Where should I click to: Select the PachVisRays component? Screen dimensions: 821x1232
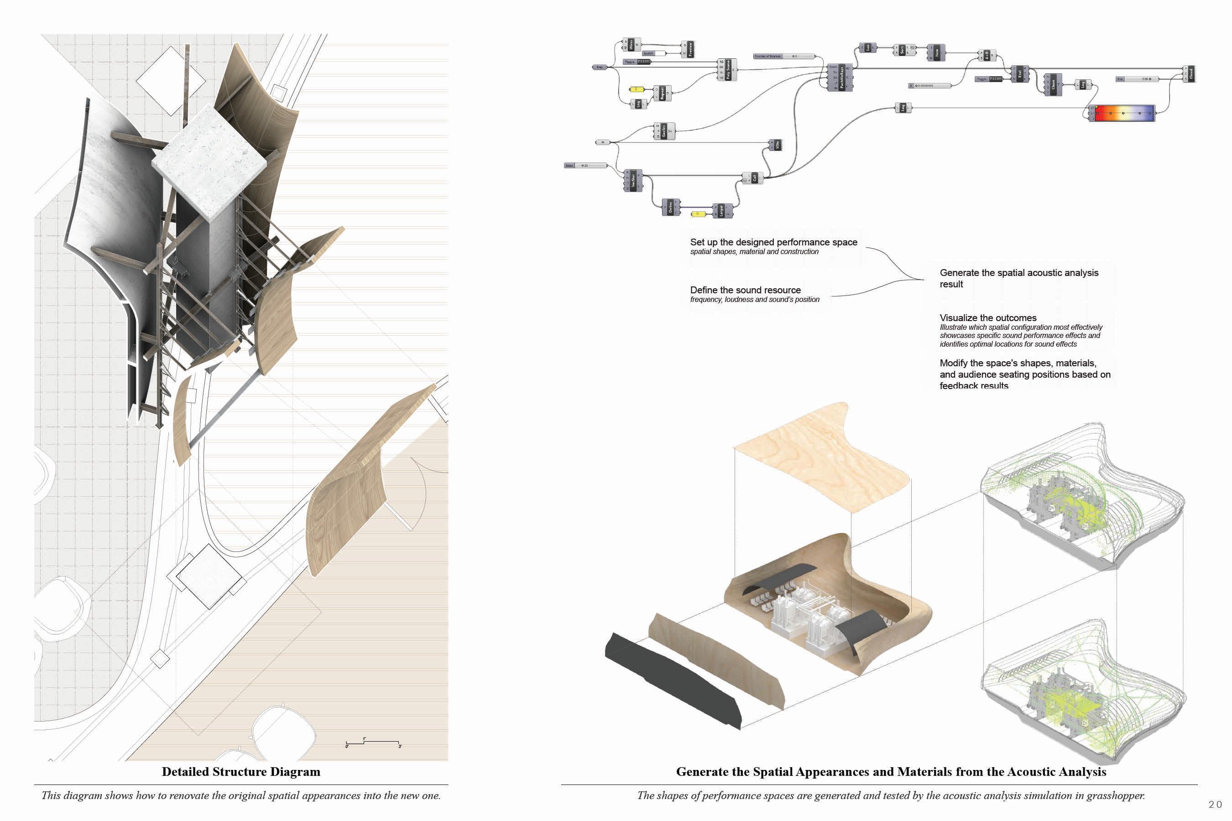pyautogui.click(x=840, y=78)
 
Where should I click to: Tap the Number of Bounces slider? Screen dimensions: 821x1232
pyautogui.click(x=784, y=56)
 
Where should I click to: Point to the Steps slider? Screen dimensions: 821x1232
pyautogui.click(x=585, y=166)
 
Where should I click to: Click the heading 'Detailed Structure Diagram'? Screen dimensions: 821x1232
pyautogui.click(x=241, y=772)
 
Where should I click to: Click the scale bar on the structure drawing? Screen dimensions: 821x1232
pyautogui.click(x=373, y=743)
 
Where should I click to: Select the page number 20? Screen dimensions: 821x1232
pyautogui.click(x=1215, y=804)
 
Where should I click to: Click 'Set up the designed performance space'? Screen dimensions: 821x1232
pyautogui.click(x=773, y=242)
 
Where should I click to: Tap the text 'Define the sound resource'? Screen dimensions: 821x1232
pyautogui.click(x=745, y=290)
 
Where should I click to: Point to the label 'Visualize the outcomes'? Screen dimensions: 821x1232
pyautogui.click(x=988, y=318)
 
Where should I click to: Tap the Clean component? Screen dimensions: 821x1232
pyautogui.click(x=1053, y=84)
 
